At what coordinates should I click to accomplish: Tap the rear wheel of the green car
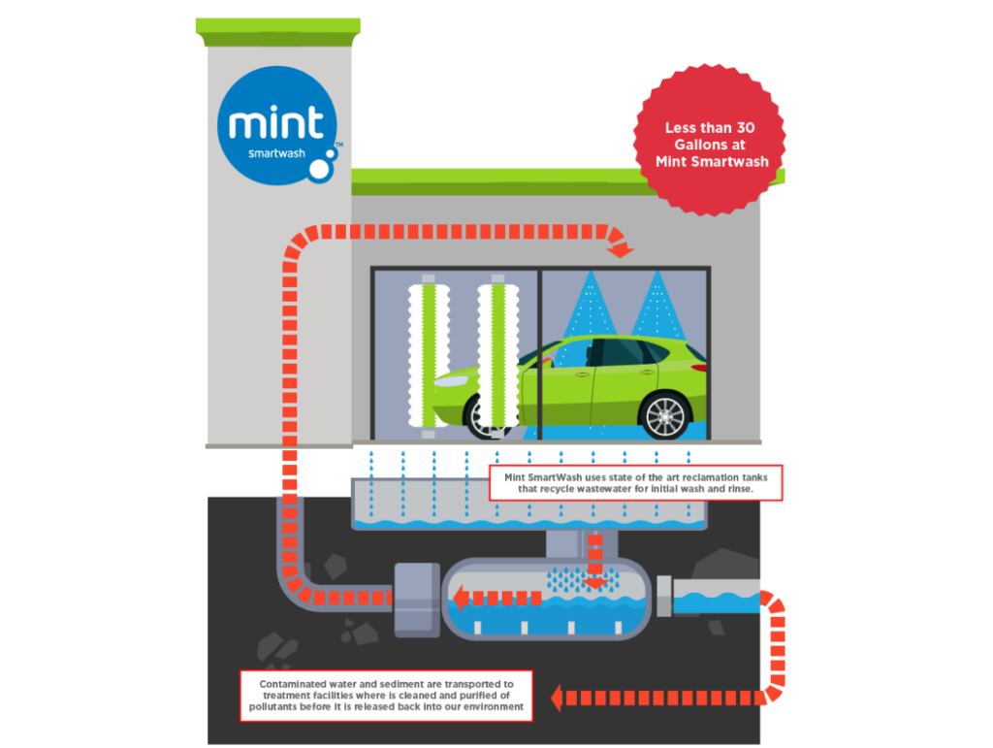665,416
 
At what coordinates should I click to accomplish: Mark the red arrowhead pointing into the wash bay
622,251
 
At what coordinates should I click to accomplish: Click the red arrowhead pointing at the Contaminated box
560,696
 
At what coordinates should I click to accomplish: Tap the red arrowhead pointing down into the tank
595,581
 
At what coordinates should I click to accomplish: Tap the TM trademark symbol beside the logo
338,145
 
